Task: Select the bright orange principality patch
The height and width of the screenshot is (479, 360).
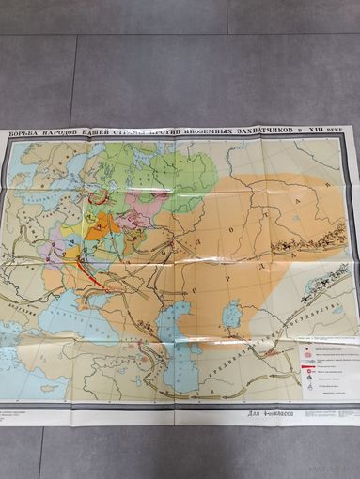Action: pos(103,225)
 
